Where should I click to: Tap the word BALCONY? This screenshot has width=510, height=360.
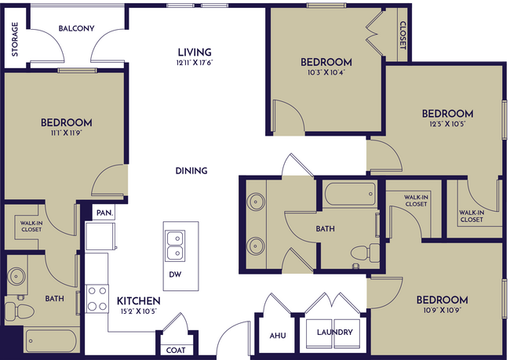tap(76, 29)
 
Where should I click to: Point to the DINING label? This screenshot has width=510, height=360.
tap(191, 170)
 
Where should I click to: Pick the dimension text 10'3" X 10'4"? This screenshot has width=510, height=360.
tap(326, 72)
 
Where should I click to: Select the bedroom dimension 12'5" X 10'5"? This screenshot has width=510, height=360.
tap(446, 124)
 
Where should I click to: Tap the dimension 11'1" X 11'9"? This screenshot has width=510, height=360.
tap(66, 133)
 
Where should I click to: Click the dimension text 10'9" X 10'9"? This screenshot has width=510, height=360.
tap(442, 311)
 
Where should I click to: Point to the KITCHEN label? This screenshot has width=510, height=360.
tap(139, 300)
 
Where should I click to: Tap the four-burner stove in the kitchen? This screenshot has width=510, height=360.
tap(97, 299)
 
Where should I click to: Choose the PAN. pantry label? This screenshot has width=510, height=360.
tap(104, 213)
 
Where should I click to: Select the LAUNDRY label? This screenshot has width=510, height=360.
tap(334, 332)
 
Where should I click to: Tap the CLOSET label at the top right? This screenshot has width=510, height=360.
tap(403, 35)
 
